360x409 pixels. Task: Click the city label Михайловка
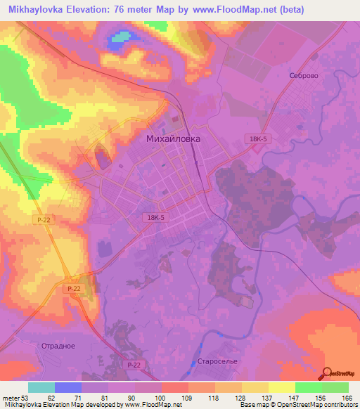pyautogui.click(x=172, y=139)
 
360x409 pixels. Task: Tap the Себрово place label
pyautogui.click(x=304, y=75)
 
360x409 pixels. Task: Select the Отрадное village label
pyautogui.click(x=57, y=346)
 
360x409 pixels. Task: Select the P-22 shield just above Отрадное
pyautogui.click(x=74, y=289)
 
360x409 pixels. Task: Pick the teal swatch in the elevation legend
pyautogui.click(x=41, y=387)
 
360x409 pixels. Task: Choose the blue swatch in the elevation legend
pyautogui.click(x=68, y=387)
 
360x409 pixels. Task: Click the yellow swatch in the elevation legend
pyautogui.click(x=281, y=387)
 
